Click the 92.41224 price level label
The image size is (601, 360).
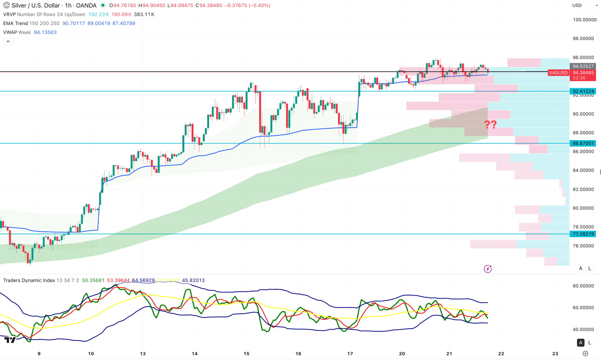[x=583, y=91]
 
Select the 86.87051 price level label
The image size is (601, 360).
[x=583, y=143]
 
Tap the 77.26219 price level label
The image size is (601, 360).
[x=583, y=234]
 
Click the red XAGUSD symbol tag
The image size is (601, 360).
[x=558, y=73]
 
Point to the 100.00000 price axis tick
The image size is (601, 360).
[x=584, y=20]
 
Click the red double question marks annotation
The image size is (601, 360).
[x=490, y=124]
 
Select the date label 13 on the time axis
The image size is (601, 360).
[x=143, y=353]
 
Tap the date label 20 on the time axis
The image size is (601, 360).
[x=402, y=353]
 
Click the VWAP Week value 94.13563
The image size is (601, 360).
[x=45, y=32]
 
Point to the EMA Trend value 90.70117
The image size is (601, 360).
[x=74, y=23]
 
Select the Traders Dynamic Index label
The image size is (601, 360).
[x=29, y=280]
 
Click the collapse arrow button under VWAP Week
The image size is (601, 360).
[x=8, y=41]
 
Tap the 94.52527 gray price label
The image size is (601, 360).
[x=583, y=66]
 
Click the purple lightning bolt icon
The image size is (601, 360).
[x=488, y=269]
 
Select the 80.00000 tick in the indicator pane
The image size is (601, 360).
[x=583, y=286]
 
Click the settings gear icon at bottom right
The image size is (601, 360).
[x=585, y=353]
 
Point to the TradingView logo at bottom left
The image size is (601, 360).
[x=10, y=340]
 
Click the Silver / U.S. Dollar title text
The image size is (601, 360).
[x=35, y=5]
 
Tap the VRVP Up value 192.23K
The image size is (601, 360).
[x=99, y=14]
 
